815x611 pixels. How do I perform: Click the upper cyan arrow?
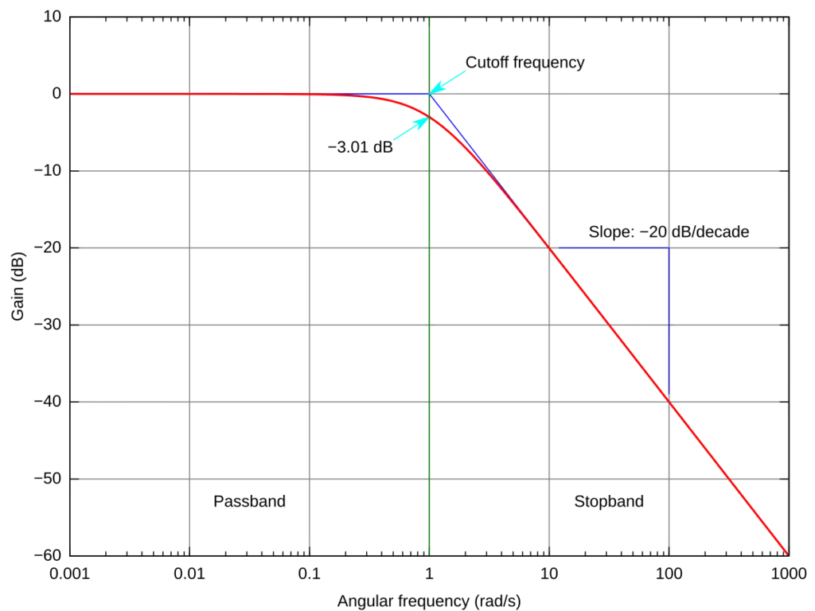(450, 80)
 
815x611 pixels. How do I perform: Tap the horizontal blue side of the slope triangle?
(613, 249)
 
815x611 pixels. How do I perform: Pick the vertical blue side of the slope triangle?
(669, 318)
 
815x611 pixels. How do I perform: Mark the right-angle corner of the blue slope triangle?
(669, 249)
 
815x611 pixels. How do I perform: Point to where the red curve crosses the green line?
(430, 116)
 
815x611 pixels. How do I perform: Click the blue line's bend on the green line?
(430, 94)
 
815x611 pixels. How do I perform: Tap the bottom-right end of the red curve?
(786, 553)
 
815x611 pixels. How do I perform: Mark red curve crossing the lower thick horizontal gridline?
(610, 325)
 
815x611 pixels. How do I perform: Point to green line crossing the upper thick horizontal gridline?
(430, 248)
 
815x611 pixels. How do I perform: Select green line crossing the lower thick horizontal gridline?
(430, 325)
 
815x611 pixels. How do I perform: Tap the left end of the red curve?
(72, 93)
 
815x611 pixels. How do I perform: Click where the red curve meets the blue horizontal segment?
(552, 249)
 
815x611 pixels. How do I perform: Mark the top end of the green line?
(430, 18)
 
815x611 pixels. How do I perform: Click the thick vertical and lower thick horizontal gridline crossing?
(669, 325)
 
